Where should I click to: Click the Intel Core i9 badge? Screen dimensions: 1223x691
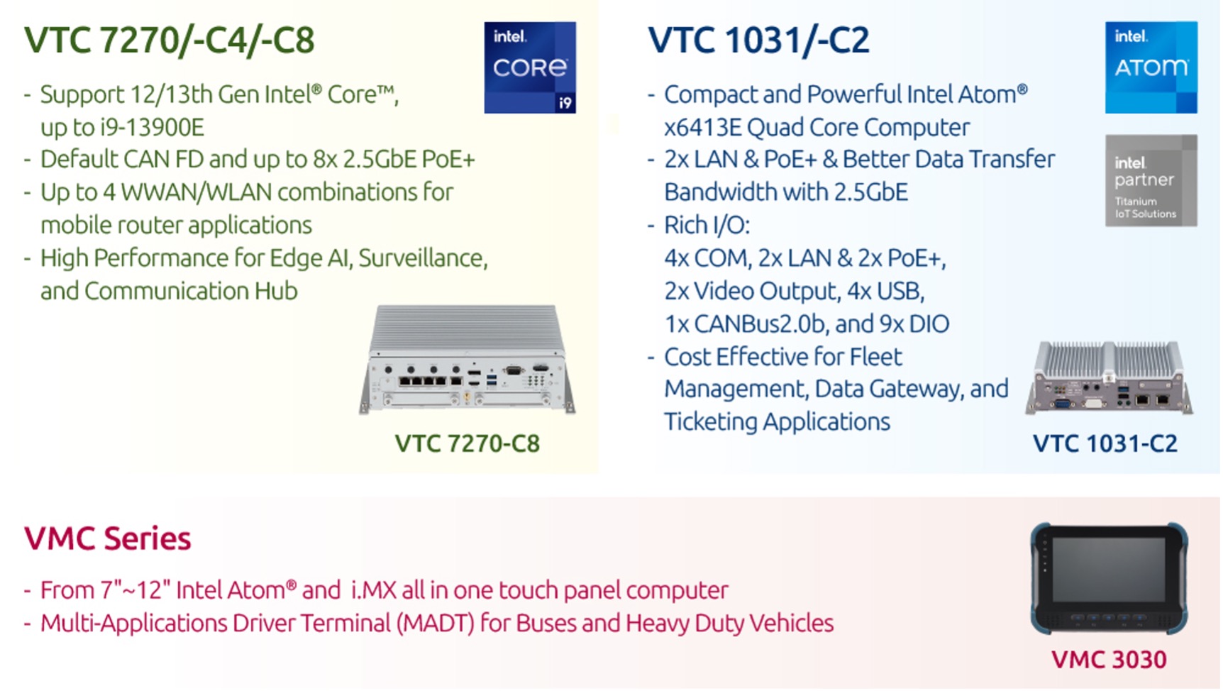[x=530, y=67]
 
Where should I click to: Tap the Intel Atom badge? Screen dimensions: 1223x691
[x=1151, y=67]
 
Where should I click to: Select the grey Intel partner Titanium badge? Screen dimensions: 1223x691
[x=1151, y=181]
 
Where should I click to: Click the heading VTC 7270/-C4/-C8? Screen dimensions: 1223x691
[x=170, y=40]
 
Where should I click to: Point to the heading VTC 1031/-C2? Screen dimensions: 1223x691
[x=758, y=40]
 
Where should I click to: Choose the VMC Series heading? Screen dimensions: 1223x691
[x=108, y=538]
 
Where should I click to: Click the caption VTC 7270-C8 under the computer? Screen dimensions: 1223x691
[x=467, y=443]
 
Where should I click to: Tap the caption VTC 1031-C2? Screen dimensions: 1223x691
[x=1105, y=443]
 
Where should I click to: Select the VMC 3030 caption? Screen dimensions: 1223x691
[x=1109, y=659]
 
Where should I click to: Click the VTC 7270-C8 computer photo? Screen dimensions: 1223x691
[x=467, y=360]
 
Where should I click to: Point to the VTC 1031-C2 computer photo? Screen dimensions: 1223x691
[x=1109, y=377]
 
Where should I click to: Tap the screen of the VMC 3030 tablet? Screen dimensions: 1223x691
[x=1109, y=570]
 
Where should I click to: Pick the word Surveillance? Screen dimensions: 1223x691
[x=423, y=259]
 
